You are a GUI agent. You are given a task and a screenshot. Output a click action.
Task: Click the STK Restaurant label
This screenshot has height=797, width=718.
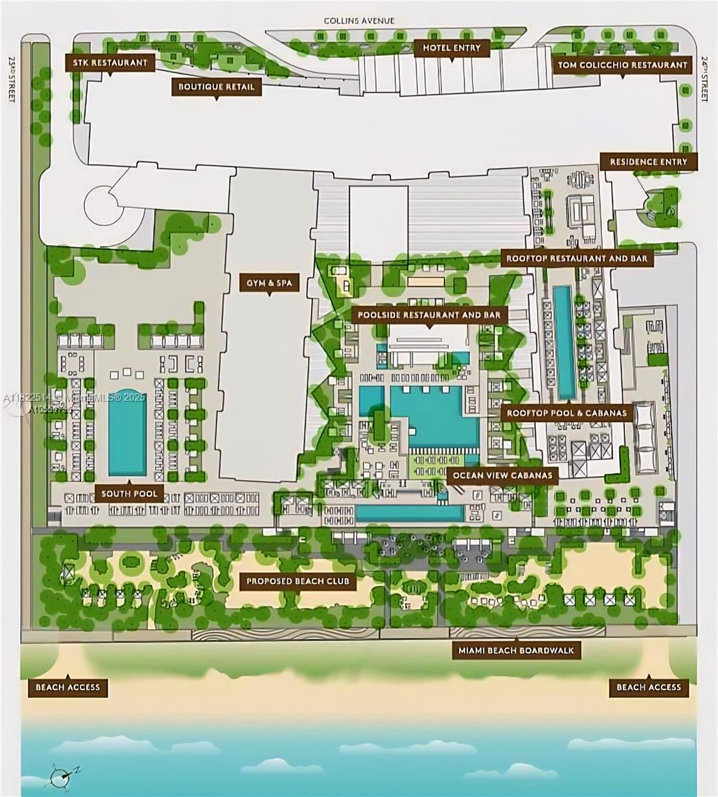tap(110, 63)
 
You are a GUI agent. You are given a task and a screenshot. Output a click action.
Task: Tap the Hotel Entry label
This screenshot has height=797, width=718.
tap(452, 48)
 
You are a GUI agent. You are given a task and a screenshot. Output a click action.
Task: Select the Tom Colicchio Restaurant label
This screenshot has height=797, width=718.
tap(622, 65)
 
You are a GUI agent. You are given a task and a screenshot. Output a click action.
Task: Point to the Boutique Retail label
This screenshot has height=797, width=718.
tap(217, 86)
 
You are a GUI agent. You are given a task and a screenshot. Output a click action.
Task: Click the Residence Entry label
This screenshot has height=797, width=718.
tap(648, 162)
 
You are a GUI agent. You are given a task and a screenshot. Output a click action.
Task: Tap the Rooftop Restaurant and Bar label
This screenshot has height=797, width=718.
tap(577, 258)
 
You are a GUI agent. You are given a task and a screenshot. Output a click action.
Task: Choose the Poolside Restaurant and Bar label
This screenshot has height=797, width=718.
tap(429, 314)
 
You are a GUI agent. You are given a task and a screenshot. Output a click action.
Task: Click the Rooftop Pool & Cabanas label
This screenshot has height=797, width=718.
tap(567, 413)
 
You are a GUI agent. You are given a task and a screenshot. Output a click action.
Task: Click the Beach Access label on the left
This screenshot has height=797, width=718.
tap(68, 687)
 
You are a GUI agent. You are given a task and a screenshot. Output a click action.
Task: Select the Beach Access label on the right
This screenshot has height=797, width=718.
tap(649, 687)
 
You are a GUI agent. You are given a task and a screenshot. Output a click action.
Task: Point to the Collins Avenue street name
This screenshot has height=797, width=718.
tap(359, 21)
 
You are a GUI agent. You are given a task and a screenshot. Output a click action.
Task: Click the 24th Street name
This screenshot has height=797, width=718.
tap(705, 78)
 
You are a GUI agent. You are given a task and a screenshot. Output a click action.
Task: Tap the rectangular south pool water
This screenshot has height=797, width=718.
tap(127, 432)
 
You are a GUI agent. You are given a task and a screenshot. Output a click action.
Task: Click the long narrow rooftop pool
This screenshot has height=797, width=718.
tap(565, 341)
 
